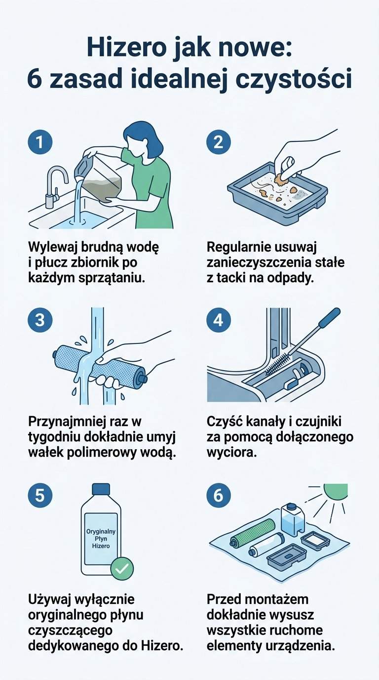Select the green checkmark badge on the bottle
[x=121, y=569]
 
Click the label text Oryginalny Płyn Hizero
[x=101, y=538]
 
